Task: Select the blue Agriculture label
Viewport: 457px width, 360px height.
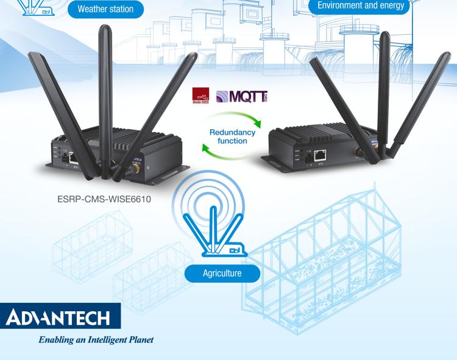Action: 221,273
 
